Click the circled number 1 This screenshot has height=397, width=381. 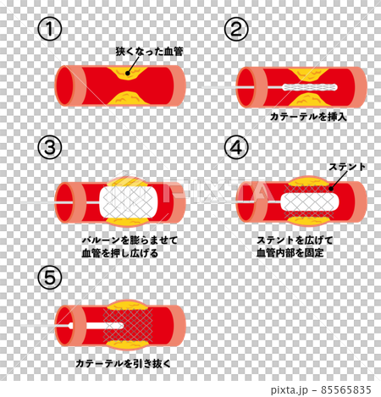coord(52,30)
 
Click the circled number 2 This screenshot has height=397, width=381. coord(235,30)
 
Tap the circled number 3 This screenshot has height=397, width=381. coord(52,147)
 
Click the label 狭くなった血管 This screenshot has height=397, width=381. coord(149,52)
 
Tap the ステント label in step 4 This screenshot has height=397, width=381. coord(347,167)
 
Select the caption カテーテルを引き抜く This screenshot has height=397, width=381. coord(123,363)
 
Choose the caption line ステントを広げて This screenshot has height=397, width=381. coord(294,240)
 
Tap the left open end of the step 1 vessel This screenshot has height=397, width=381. coord(64,85)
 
